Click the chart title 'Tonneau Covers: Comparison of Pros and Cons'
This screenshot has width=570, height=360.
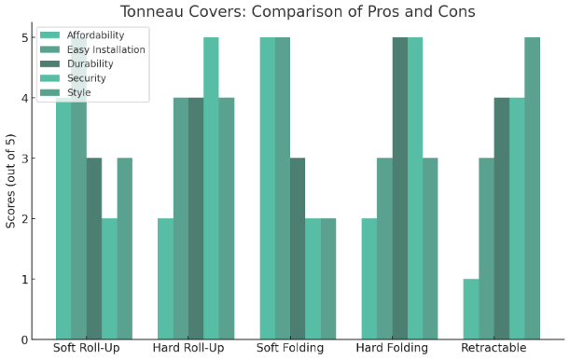(x=297, y=11)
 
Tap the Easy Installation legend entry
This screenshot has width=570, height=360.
(x=106, y=49)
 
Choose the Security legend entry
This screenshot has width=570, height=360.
(x=88, y=77)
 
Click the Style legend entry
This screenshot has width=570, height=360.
(x=81, y=91)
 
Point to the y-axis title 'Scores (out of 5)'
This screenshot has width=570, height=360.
(x=11, y=181)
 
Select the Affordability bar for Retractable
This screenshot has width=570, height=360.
(x=470, y=310)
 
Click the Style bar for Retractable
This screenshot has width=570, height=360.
(x=532, y=188)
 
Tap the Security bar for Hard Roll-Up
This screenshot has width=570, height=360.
(x=211, y=188)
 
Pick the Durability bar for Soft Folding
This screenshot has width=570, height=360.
(x=298, y=249)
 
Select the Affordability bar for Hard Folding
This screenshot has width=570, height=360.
(x=368, y=279)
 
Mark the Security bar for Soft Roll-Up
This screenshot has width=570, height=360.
(x=109, y=279)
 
